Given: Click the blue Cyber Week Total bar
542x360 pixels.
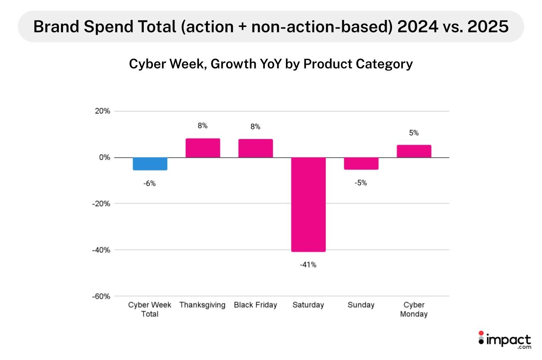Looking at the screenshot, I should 150,164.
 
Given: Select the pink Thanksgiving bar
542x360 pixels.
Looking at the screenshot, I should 203,148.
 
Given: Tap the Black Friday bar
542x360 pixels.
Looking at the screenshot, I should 255,148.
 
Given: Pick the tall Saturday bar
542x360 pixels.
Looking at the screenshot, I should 308,204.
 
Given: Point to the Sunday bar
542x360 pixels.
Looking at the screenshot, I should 361,163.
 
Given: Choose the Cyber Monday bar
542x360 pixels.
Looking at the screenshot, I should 414,151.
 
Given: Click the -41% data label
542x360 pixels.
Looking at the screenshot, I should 308,265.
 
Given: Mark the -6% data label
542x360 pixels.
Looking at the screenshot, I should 150,183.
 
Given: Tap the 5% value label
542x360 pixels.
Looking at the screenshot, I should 414,133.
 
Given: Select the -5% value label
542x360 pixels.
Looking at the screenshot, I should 361,182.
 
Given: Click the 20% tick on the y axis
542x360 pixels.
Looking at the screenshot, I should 102,111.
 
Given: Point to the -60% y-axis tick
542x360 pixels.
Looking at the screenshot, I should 101,296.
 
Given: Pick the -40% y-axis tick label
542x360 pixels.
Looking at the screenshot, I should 101,250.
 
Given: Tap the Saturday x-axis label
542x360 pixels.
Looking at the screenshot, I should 308,305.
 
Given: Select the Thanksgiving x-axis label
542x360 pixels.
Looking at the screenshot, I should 202,305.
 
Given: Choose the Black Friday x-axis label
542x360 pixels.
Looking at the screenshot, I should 255,305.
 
